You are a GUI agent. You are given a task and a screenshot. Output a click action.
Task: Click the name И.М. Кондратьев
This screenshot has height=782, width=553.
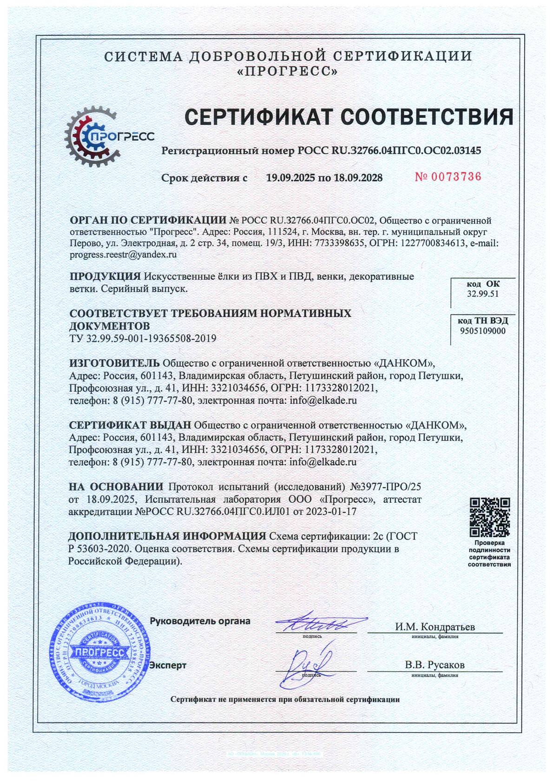click(x=435, y=627)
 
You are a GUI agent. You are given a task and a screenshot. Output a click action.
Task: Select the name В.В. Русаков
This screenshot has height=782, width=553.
click(x=434, y=665)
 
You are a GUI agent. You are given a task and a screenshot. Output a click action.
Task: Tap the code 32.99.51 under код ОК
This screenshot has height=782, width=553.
click(x=483, y=294)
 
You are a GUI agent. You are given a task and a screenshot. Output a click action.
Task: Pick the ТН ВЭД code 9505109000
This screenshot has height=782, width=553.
click(x=483, y=331)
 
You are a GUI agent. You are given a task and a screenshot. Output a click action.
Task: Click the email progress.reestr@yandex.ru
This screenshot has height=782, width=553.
click(x=123, y=255)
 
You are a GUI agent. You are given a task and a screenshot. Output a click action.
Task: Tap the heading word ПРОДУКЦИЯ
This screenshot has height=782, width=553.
click(x=105, y=276)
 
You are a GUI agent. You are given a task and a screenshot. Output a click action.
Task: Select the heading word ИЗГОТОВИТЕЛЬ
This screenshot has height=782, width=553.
click(x=114, y=363)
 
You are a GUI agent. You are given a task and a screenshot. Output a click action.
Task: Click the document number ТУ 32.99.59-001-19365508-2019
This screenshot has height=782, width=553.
click(x=143, y=338)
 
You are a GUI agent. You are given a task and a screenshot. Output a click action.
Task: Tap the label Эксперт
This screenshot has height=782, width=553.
click(x=168, y=665)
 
